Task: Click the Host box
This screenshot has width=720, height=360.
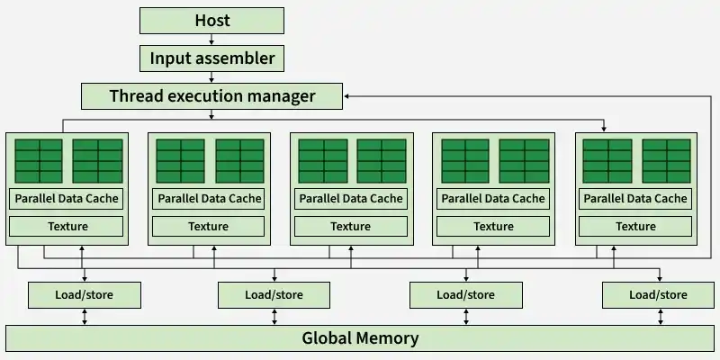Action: coord(211,21)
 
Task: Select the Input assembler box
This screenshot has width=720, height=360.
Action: coord(211,59)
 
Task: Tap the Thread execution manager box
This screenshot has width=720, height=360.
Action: coord(211,95)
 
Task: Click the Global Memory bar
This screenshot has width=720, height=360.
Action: coord(360,338)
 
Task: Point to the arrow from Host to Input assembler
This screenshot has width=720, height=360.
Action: coord(211,40)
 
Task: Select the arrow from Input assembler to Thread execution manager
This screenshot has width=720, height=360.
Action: coord(211,77)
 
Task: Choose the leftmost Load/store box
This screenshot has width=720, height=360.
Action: coord(84,294)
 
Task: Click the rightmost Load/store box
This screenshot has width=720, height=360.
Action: coord(658,294)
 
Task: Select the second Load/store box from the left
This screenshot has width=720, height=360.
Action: coord(274,294)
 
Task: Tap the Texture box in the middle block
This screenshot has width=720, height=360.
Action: coord(350,226)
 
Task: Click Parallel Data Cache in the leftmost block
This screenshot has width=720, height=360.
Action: coord(66,198)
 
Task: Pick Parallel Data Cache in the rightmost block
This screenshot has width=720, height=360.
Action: coord(634,198)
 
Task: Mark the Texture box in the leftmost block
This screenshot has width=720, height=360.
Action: coord(66,226)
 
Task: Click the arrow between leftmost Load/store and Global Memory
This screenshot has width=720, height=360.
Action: coord(84,316)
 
